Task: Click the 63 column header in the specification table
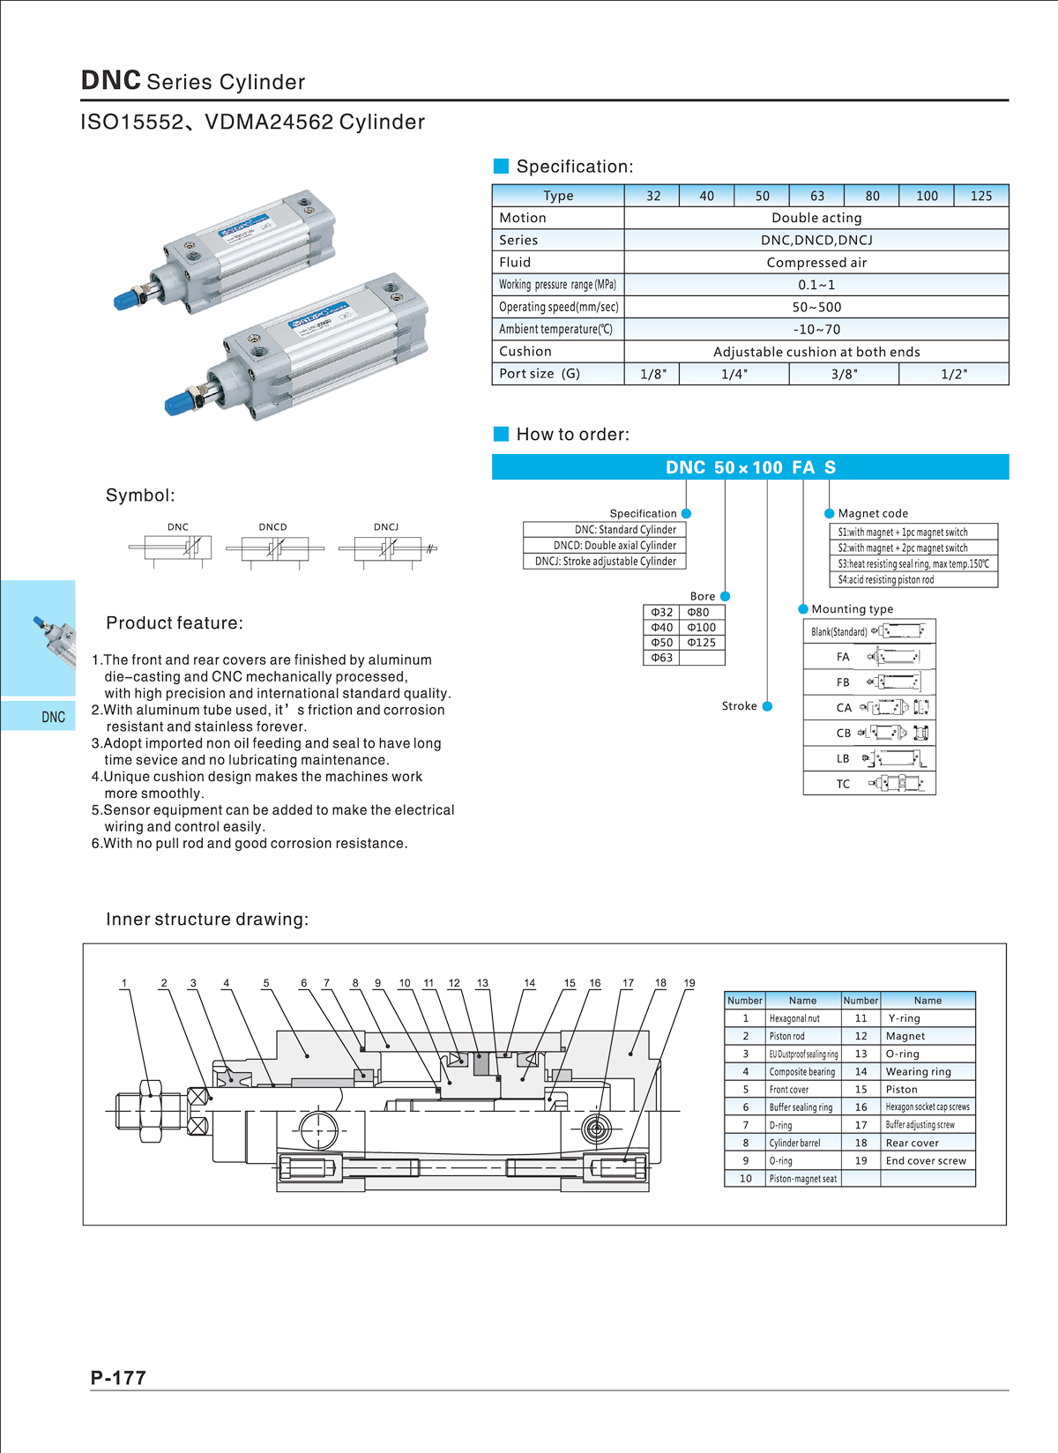tap(816, 196)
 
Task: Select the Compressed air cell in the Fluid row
tap(816, 263)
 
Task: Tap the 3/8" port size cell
tap(844, 374)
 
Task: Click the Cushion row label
tap(525, 351)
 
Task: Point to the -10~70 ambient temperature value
tap(816, 329)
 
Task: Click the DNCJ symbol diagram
tap(388, 549)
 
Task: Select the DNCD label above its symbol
tap(272, 527)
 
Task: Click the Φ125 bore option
tap(702, 643)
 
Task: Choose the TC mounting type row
tap(868, 784)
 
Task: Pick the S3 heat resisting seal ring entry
tap(913, 563)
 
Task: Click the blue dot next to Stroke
tap(767, 706)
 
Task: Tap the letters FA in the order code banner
tap(803, 467)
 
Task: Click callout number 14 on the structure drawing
tap(529, 983)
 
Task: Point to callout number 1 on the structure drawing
tap(124, 983)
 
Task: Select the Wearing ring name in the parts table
tap(918, 1072)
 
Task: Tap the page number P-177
tap(118, 1378)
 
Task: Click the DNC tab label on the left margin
tap(53, 717)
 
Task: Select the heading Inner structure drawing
tap(207, 920)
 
